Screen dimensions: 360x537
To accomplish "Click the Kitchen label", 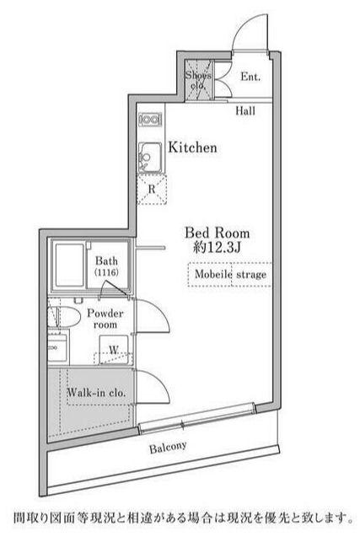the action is (192, 148).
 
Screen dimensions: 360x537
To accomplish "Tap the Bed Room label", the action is (218, 234).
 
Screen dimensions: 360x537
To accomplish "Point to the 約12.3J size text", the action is (218, 247).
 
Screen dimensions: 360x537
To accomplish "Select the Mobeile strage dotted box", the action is (230, 274).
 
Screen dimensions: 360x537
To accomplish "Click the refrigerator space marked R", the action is (152, 190).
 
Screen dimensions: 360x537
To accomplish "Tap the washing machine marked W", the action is (114, 350).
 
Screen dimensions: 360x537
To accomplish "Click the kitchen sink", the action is (150, 157).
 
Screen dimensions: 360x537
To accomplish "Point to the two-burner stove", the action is (150, 120).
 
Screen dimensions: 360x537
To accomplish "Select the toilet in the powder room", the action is (64, 317).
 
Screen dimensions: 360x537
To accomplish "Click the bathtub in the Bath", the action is (69, 266).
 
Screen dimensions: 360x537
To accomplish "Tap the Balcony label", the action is (168, 448).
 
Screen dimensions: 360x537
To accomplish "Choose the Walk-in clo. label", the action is (96, 393).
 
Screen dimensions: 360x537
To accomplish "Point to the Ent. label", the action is (250, 77).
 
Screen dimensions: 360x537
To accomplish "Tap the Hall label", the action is (245, 110).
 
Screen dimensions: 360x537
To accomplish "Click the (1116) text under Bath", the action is (106, 272).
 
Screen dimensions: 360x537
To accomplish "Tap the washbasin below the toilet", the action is (58, 347).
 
